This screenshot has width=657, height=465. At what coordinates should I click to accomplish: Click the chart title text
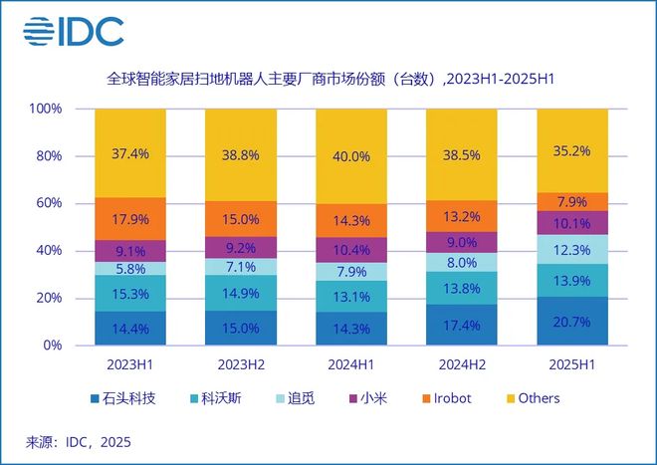click(x=328, y=77)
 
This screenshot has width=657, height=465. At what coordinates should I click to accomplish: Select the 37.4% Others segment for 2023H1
click(x=130, y=152)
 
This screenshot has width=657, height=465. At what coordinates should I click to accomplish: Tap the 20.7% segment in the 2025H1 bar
click(x=571, y=321)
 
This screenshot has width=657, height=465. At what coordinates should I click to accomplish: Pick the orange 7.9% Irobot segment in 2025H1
click(x=571, y=201)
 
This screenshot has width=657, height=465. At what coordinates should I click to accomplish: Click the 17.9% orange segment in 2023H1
click(x=130, y=219)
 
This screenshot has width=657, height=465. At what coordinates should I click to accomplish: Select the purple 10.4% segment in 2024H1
click(x=351, y=250)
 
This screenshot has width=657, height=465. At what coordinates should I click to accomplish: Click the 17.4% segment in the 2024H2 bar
click(x=461, y=325)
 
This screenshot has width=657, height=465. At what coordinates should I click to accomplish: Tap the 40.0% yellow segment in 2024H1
click(x=351, y=156)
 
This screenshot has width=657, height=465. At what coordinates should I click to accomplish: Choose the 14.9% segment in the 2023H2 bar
click(x=241, y=292)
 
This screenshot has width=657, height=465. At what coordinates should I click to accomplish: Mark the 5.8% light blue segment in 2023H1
click(x=130, y=268)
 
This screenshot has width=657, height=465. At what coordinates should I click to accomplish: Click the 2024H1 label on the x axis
click(x=351, y=364)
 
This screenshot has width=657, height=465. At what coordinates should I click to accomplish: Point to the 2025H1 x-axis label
click(x=571, y=364)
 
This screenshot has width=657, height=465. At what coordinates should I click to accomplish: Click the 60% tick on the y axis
click(x=47, y=203)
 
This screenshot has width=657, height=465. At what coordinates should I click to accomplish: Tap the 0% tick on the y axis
click(x=51, y=346)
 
